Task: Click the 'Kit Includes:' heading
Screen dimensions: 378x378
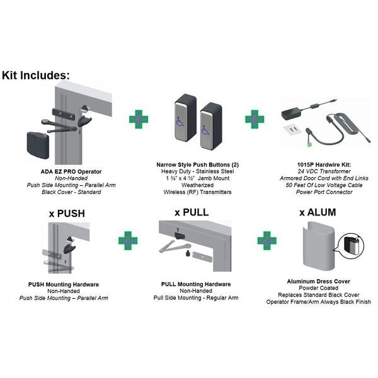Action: (x=36, y=75)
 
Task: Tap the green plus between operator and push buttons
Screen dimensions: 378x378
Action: (x=139, y=119)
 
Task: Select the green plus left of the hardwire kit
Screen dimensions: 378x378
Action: (x=255, y=119)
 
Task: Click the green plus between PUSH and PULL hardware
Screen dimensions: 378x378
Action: (x=128, y=241)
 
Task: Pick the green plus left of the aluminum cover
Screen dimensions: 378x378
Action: (x=267, y=241)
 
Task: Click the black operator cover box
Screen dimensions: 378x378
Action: (x=38, y=145)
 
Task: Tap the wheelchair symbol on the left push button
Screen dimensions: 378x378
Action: (x=180, y=122)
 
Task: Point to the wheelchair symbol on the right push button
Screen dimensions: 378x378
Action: (x=205, y=130)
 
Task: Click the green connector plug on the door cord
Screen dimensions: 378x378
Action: (x=309, y=145)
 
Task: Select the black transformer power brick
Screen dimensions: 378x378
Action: (x=292, y=113)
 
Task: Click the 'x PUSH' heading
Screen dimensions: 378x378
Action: (x=67, y=214)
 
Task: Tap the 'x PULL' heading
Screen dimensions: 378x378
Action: (x=192, y=212)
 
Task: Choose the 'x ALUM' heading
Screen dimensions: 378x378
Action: (x=318, y=212)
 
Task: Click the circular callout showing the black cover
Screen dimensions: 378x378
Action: (x=351, y=246)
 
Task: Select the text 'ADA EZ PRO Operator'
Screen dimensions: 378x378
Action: (x=71, y=171)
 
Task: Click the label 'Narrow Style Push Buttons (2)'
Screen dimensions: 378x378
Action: (x=197, y=165)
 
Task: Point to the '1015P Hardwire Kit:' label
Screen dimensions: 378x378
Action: (x=324, y=165)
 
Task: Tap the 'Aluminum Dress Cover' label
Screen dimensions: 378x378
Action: (x=318, y=282)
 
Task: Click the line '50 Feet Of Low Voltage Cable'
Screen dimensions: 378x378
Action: (x=324, y=185)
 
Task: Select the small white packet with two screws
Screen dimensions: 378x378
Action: (x=292, y=129)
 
